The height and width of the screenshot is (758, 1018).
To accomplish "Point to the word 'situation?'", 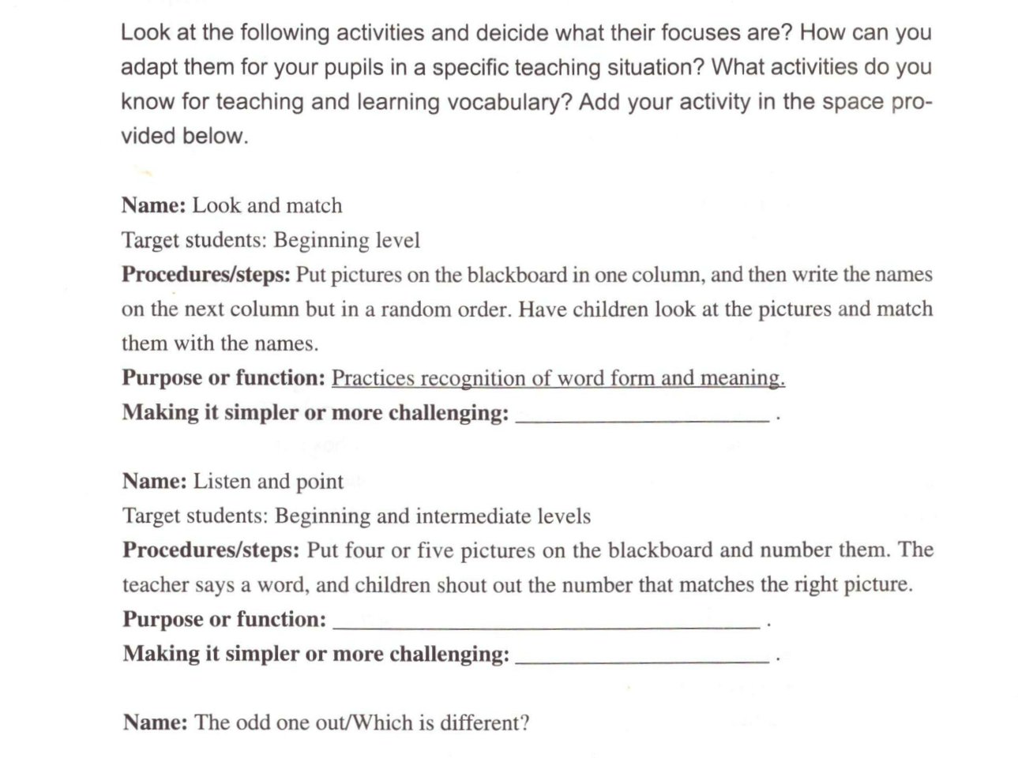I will click(x=656, y=67).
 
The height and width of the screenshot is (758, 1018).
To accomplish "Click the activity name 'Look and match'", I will click(x=267, y=205).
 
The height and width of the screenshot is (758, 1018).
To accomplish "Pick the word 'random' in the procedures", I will click(x=415, y=309).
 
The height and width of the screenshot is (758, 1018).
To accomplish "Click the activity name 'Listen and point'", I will click(x=269, y=482).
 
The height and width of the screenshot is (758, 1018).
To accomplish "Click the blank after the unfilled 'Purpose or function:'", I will click(x=547, y=626).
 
